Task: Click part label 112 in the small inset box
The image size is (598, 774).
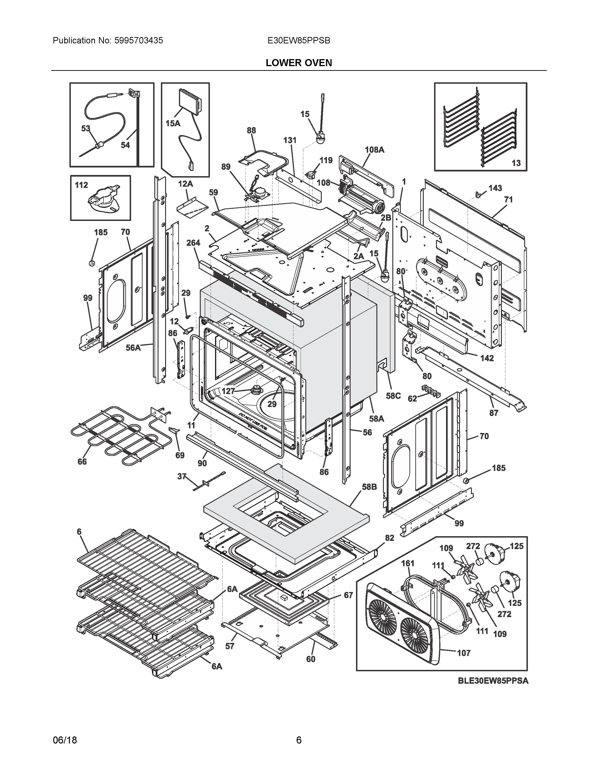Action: click(x=81, y=185)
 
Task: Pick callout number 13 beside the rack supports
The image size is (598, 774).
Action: click(x=516, y=163)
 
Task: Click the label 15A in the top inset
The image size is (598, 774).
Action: click(x=173, y=123)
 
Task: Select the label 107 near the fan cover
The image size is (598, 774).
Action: click(x=463, y=653)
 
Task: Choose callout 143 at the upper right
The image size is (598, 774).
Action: click(x=495, y=188)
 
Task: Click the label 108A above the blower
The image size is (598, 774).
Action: click(x=375, y=150)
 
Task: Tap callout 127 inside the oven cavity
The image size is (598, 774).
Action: click(x=228, y=391)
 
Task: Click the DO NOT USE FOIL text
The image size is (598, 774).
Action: click(x=253, y=421)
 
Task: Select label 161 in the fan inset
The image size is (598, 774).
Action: click(x=407, y=563)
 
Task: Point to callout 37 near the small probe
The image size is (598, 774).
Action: click(x=182, y=477)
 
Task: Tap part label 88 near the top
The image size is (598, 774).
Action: click(x=251, y=130)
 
